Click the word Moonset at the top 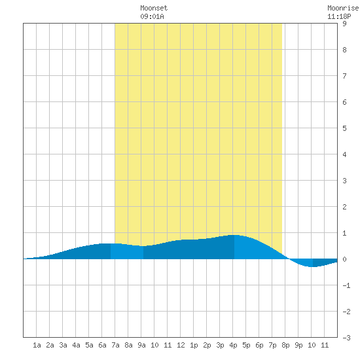[x=154, y=8]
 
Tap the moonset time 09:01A [x=153, y=16]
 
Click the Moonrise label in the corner [x=344, y=8]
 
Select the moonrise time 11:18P [x=339, y=16]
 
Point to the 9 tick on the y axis [x=344, y=24]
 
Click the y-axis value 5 [x=344, y=128]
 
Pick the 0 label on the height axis [x=344, y=259]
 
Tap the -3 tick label [x=346, y=338]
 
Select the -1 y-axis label [x=346, y=285]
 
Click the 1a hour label [x=37, y=345]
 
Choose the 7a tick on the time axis [x=115, y=345]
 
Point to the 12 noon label [x=181, y=345]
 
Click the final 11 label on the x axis [x=325, y=345]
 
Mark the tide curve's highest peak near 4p [x=236, y=235]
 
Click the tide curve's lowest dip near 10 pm [x=312, y=267]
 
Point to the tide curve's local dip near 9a [x=143, y=246]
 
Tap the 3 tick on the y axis [x=344, y=181]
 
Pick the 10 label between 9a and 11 [x=154, y=345]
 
